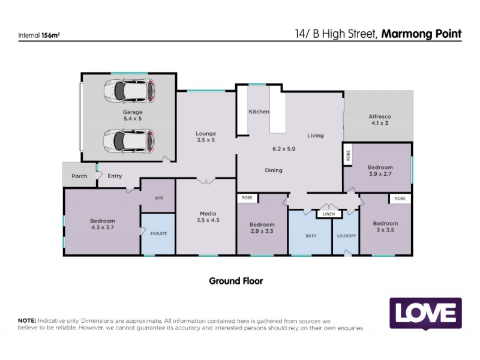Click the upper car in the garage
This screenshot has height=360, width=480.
pos(129,91)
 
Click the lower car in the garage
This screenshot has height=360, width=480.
pos(128,141)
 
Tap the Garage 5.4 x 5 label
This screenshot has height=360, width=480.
pos(133,115)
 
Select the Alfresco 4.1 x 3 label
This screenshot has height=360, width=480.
pos(380,119)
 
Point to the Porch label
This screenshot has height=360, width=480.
pos(79,176)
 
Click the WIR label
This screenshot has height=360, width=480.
pos(158,198)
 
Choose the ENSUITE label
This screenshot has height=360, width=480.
pos(158,233)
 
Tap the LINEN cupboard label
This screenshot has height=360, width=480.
pos(329,214)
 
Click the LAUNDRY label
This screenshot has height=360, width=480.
pos(347,236)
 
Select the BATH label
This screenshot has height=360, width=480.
pos(311,236)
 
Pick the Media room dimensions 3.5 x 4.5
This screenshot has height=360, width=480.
pos(208,220)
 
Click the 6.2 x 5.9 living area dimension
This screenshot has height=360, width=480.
pos(284,149)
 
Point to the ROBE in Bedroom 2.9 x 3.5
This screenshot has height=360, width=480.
pos(247,198)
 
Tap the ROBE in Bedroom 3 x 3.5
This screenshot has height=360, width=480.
pos(400,199)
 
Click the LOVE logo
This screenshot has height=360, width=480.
pos(425,313)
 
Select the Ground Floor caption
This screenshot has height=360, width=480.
pos(236,281)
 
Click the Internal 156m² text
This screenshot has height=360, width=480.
pos(39,35)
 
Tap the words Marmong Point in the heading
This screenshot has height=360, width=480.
pos(421,34)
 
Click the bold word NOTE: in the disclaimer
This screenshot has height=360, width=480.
pos(27,321)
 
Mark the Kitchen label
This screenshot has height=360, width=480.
pos(259,112)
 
